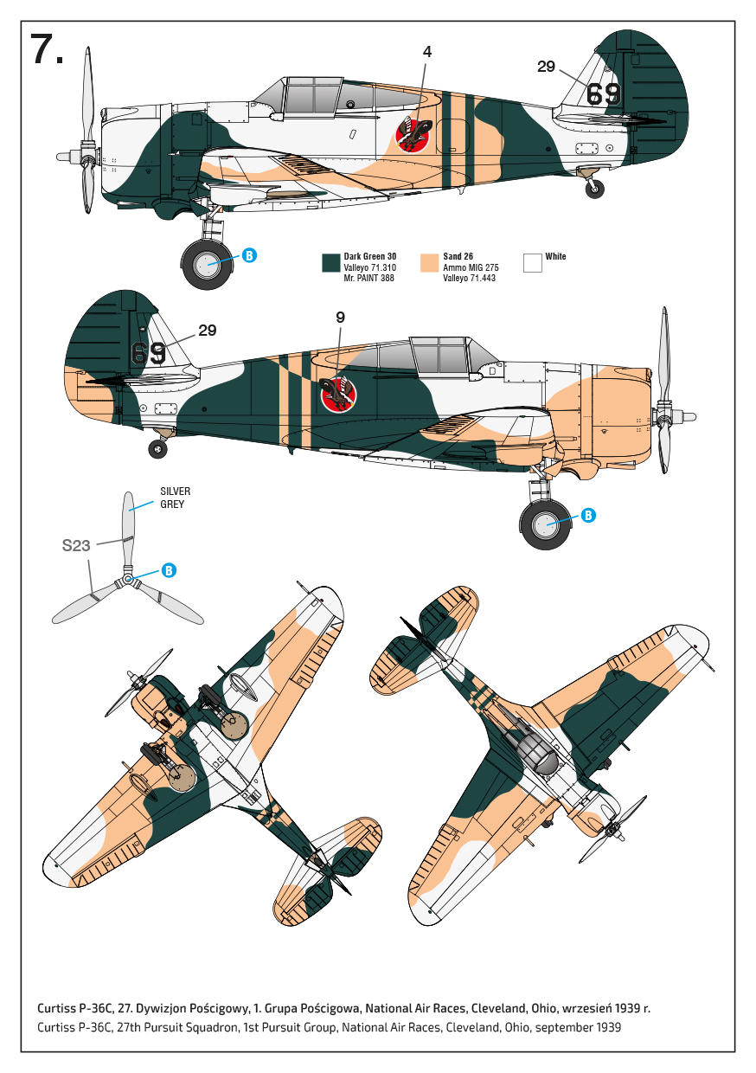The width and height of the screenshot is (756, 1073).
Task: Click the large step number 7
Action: tap(46, 49)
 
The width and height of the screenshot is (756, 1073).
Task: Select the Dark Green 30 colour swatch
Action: tap(330, 263)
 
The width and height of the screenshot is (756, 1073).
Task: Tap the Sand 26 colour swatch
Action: tap(429, 263)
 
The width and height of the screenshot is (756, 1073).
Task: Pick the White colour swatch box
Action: tap(533, 263)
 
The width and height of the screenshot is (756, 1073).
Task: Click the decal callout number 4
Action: tap(427, 52)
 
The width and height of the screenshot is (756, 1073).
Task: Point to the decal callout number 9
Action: tap(340, 318)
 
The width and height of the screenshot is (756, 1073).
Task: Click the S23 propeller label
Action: tap(76, 546)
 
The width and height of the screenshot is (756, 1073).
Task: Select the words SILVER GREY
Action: tap(175, 498)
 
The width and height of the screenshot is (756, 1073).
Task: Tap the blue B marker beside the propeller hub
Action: tap(170, 570)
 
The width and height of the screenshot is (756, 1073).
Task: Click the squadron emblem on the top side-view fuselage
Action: tap(414, 135)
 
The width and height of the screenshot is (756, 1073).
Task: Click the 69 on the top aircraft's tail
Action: tap(603, 94)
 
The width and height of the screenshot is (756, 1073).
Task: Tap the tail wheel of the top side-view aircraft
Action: tap(595, 190)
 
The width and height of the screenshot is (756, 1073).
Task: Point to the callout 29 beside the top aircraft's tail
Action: tap(546, 67)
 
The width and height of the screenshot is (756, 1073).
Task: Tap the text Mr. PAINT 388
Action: tap(368, 278)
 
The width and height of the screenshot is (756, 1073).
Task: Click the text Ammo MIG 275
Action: tap(471, 267)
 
